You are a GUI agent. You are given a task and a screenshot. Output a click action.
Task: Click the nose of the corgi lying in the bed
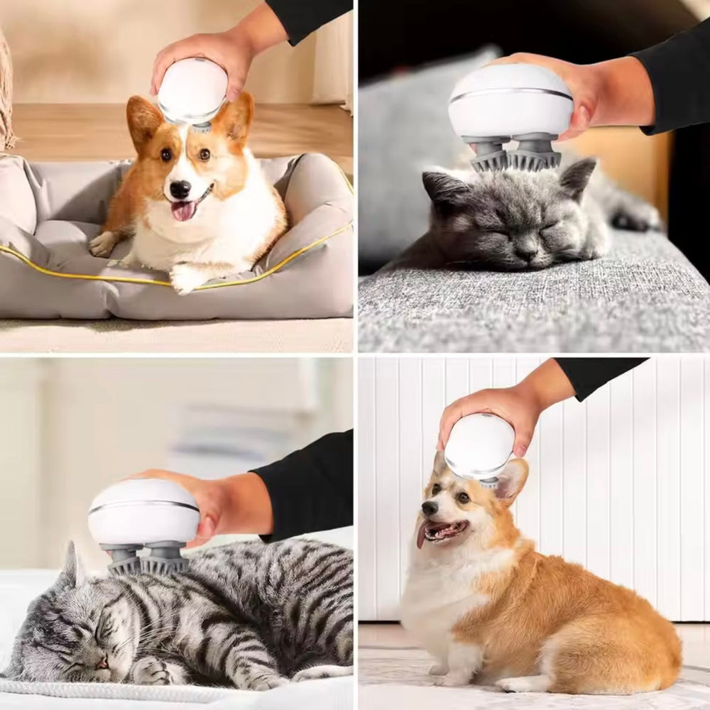click(180, 188)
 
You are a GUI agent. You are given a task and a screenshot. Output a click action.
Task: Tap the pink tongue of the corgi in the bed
click(184, 209)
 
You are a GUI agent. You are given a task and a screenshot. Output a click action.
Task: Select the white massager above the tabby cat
click(143, 511)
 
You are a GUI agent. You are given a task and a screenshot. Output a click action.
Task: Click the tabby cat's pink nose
click(102, 661)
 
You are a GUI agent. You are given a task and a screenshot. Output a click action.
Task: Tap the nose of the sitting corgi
click(430, 508)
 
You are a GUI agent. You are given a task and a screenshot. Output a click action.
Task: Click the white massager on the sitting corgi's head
click(479, 445)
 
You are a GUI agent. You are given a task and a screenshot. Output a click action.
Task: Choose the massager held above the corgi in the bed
click(192, 91)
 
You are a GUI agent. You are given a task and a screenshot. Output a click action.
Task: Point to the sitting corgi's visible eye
click(463, 498)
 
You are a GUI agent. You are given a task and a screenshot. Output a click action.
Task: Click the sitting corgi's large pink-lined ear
click(511, 480)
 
